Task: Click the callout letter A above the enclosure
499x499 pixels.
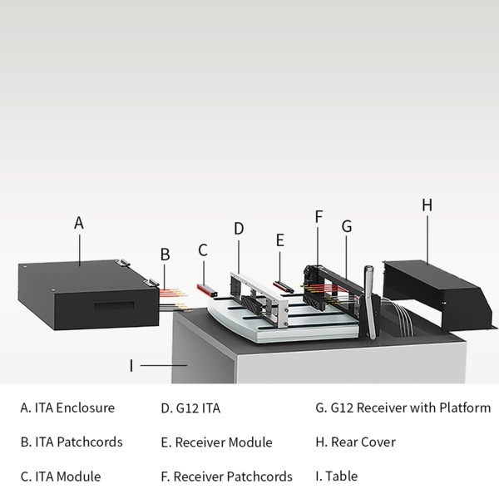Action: [79, 223]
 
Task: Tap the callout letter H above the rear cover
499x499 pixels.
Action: [427, 205]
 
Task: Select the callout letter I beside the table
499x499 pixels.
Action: [131, 365]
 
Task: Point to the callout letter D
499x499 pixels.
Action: [239, 228]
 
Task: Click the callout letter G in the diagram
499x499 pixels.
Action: [347, 225]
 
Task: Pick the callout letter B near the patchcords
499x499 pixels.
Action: [165, 254]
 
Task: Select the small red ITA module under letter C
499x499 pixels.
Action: [206, 289]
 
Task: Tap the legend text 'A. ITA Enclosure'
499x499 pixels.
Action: [67, 408]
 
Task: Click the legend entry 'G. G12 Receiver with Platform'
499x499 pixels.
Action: [403, 408]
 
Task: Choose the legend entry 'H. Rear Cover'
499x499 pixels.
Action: [355, 442]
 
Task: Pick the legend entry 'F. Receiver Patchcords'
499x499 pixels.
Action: [226, 477]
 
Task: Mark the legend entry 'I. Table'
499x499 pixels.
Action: [336, 477]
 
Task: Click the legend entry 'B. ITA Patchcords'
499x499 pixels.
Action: [72, 442]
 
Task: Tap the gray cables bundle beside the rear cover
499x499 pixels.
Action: [399, 314]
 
